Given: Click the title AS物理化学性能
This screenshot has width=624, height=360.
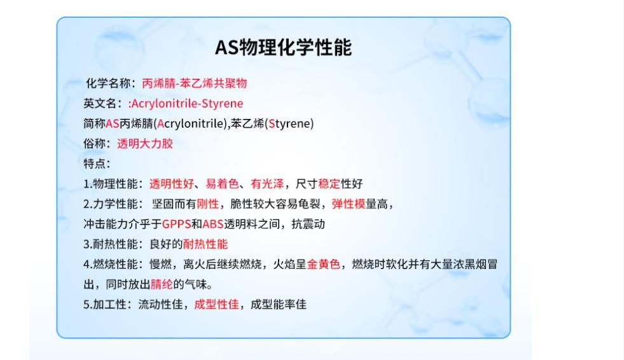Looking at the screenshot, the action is pos(283,47).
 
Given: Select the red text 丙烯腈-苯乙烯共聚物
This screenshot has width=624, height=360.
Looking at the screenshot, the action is pos(195,83).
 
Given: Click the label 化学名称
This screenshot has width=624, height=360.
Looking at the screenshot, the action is pos(108,83).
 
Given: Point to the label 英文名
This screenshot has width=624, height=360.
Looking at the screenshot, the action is pos(100,104).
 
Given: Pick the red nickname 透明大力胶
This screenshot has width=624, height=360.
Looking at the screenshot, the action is pos(145,144).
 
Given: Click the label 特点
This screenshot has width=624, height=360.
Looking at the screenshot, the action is pos(94,163).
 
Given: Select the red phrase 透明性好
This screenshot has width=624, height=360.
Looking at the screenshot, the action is pos(172,184).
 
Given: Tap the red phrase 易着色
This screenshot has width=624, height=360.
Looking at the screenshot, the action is pos(222,184).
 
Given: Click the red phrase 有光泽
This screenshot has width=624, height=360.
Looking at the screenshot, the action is pos(267,184).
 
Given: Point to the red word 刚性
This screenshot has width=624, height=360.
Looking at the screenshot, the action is pos(208,204).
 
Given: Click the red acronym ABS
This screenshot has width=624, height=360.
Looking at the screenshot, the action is pos(213,225).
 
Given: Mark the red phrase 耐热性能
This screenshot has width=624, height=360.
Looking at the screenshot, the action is pos(205,244).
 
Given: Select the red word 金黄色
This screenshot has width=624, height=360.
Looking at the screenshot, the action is pos(324,264).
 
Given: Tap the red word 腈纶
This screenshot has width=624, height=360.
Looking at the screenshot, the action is pos(162,284).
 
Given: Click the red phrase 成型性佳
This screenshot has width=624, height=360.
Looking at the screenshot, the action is pos(216,305).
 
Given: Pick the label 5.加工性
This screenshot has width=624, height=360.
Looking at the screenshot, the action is pos(105,305).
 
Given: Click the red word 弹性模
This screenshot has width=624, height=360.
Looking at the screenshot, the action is pos(348,204).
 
